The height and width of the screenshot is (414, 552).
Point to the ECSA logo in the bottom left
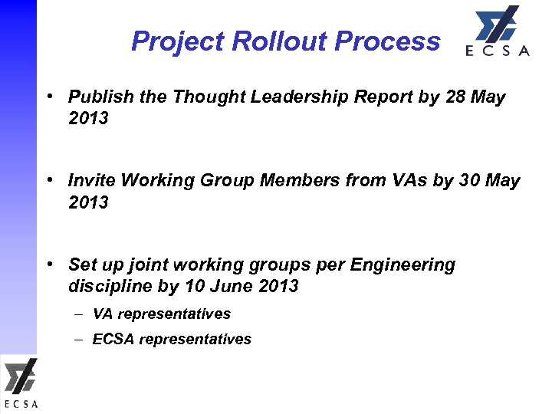[20, 383]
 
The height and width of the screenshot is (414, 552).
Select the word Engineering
[402, 265]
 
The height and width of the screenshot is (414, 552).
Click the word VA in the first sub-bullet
[103, 314]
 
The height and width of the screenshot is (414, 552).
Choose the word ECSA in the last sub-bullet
[113, 339]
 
